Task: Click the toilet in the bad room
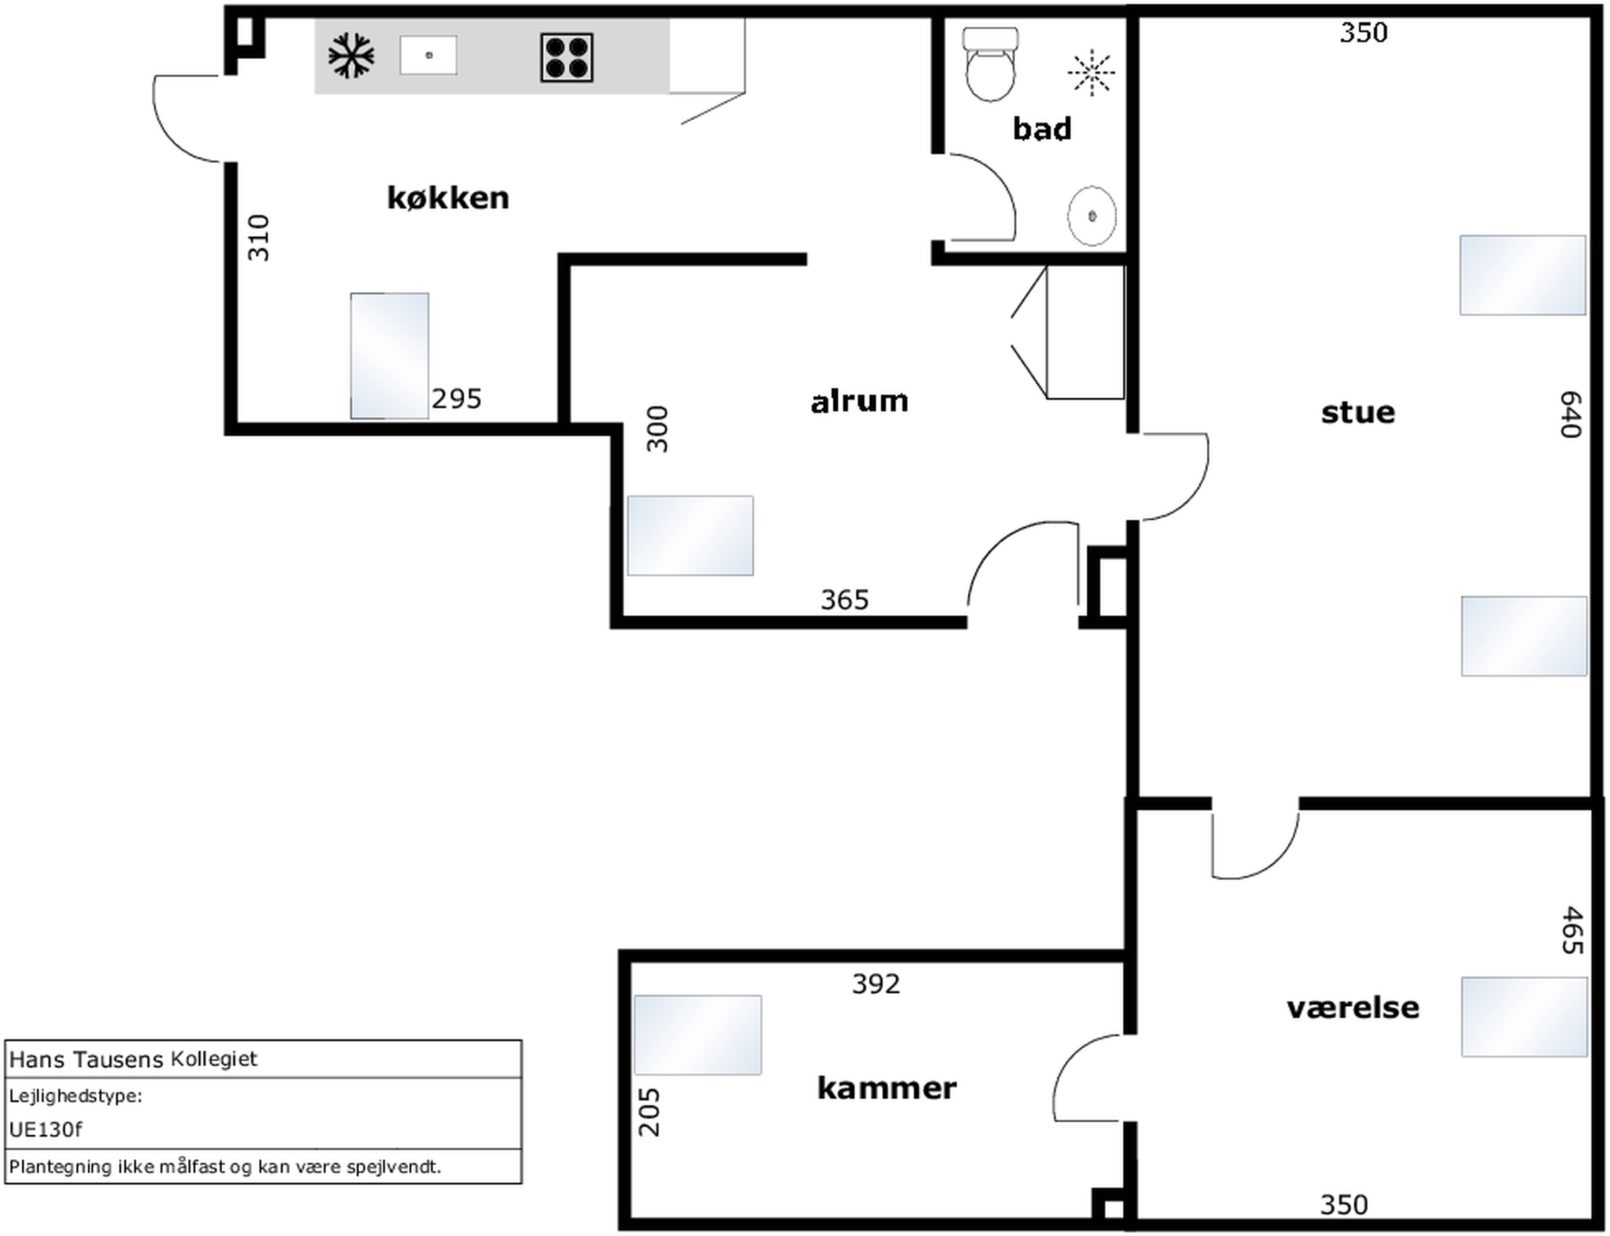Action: [991, 64]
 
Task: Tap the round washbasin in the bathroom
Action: [1091, 216]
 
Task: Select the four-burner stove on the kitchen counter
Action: [567, 57]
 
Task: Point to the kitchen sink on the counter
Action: [428, 55]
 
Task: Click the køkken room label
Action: [448, 198]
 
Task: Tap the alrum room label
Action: [859, 402]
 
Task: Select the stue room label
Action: [1357, 412]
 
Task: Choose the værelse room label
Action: [1353, 1007]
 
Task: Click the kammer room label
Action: [887, 1087]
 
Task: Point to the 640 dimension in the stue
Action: [1571, 414]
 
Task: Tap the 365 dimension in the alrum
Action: [845, 600]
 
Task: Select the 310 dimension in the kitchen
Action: [259, 238]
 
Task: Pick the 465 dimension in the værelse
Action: [1572, 930]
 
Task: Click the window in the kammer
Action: [698, 1035]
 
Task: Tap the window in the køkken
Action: [389, 356]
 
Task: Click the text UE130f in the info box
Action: [46, 1129]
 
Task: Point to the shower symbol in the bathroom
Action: [1091, 72]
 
